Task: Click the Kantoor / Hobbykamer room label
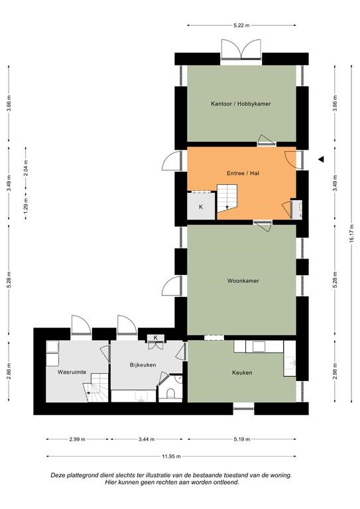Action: coord(241,104)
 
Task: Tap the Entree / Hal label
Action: coord(243,174)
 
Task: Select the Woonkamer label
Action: coord(243,281)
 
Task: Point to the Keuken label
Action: coord(242,372)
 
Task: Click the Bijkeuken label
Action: coord(143,365)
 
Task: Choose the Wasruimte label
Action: coord(72,372)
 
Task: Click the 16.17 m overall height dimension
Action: coord(351,234)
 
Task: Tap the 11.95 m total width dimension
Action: coord(171,456)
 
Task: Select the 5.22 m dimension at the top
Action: coord(241,25)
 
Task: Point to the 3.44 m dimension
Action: coord(147,439)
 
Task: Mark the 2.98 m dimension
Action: coord(335,370)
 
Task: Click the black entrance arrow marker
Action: coord(322,159)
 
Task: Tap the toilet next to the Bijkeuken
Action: coord(170,394)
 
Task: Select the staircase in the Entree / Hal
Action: coord(227,199)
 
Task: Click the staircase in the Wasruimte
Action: coord(95,388)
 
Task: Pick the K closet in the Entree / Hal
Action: coord(201,206)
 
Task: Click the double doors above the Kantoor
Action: coord(241,49)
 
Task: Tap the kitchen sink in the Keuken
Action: coord(290,363)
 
